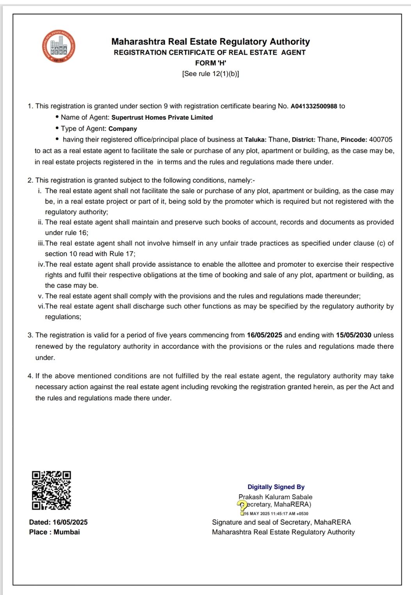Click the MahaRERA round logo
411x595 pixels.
[x=59, y=47]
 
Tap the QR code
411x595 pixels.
[x=51, y=490]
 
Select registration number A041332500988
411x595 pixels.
[x=314, y=106]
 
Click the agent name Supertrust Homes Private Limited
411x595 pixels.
[x=162, y=118]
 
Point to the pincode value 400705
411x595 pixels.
[x=381, y=140]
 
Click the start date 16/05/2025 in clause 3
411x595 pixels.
[x=265, y=335]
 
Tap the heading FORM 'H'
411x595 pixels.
[x=211, y=63]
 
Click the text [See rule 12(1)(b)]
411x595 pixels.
[x=211, y=74]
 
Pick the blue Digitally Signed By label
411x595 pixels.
[x=276, y=487]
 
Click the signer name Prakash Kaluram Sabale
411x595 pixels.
[x=276, y=497]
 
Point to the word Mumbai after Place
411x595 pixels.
[x=67, y=532]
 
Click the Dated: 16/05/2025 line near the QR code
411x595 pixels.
[x=58, y=522]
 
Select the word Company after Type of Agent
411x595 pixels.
[x=123, y=129]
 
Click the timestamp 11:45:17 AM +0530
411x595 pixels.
[x=289, y=514]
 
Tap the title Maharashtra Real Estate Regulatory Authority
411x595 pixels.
[x=211, y=42]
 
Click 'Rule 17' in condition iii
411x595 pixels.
[x=122, y=254]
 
